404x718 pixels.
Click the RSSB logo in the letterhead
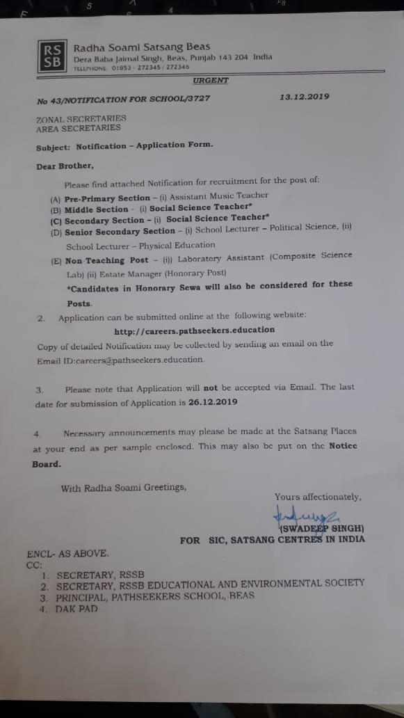point(53,56)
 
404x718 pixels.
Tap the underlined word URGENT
point(211,81)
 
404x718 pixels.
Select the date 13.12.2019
point(305,97)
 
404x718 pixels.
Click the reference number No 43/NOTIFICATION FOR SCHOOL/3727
point(123,100)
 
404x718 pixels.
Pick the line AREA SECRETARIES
point(78,128)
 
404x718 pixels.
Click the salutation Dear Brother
point(64,166)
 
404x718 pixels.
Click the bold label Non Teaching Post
point(107,260)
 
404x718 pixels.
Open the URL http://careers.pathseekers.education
point(194,330)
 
